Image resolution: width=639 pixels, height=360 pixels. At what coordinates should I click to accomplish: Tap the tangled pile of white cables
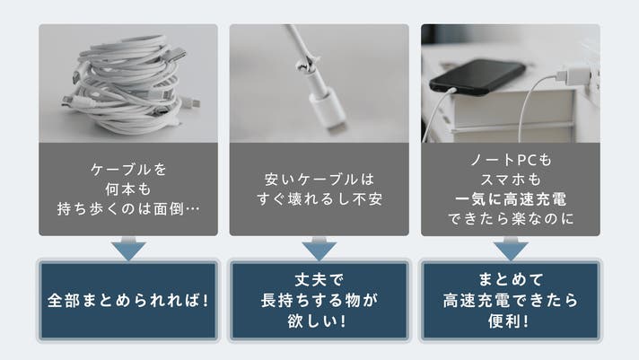128,84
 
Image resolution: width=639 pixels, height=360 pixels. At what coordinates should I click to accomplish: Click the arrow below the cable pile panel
128,248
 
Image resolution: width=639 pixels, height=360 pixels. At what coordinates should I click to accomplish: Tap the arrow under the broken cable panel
319,248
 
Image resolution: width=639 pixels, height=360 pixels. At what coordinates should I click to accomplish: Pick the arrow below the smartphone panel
511,248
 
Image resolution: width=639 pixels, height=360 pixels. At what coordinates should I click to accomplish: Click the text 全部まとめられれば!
128,301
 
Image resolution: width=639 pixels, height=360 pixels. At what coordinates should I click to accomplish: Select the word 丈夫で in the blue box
319,280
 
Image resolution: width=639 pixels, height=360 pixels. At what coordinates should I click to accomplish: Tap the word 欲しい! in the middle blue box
318,320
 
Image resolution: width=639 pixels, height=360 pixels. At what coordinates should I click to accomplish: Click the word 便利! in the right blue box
510,320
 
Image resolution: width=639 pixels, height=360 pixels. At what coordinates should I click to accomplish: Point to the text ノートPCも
511,160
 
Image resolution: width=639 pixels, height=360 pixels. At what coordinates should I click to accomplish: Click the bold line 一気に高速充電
511,199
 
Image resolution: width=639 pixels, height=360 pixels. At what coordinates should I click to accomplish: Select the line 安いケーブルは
319,180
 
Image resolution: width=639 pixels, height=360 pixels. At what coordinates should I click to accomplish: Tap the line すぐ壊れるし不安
319,199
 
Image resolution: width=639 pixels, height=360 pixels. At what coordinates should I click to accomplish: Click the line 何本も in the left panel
128,189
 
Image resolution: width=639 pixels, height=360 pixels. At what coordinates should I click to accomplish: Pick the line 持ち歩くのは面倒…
128,209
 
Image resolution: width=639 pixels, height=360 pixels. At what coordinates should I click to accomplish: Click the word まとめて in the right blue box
511,280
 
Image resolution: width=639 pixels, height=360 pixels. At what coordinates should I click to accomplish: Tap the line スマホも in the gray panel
511,180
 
